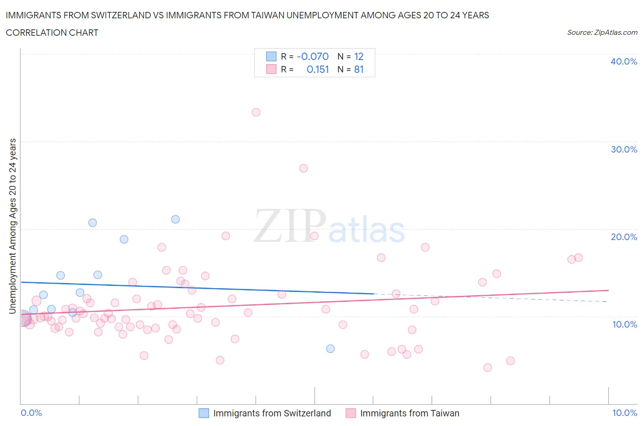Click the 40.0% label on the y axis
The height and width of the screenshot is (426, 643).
(x=623, y=61)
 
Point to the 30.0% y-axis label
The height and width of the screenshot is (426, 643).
(x=623, y=149)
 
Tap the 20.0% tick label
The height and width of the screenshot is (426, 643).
(x=623, y=237)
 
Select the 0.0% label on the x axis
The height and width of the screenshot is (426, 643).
(x=31, y=413)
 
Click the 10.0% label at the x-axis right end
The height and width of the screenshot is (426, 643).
(x=624, y=413)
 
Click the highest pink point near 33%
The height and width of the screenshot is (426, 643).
(x=256, y=112)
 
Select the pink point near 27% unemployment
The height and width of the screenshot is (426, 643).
(x=303, y=168)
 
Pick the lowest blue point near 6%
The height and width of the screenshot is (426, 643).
(x=330, y=349)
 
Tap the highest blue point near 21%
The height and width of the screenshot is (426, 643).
(x=175, y=219)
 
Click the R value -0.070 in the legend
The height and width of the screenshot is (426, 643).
(x=313, y=56)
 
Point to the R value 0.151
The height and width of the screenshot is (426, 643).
(x=318, y=69)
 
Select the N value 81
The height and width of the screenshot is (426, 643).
(x=359, y=69)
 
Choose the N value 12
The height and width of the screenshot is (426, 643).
(x=359, y=56)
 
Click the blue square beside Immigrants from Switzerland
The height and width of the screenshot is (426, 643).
(x=204, y=413)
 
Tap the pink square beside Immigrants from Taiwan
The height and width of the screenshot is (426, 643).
(x=351, y=413)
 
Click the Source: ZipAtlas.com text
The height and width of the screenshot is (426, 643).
(x=602, y=33)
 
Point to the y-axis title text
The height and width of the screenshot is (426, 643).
(x=12, y=226)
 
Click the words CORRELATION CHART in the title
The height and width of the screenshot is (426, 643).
(x=52, y=33)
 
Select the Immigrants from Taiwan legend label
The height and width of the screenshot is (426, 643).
(x=409, y=413)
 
